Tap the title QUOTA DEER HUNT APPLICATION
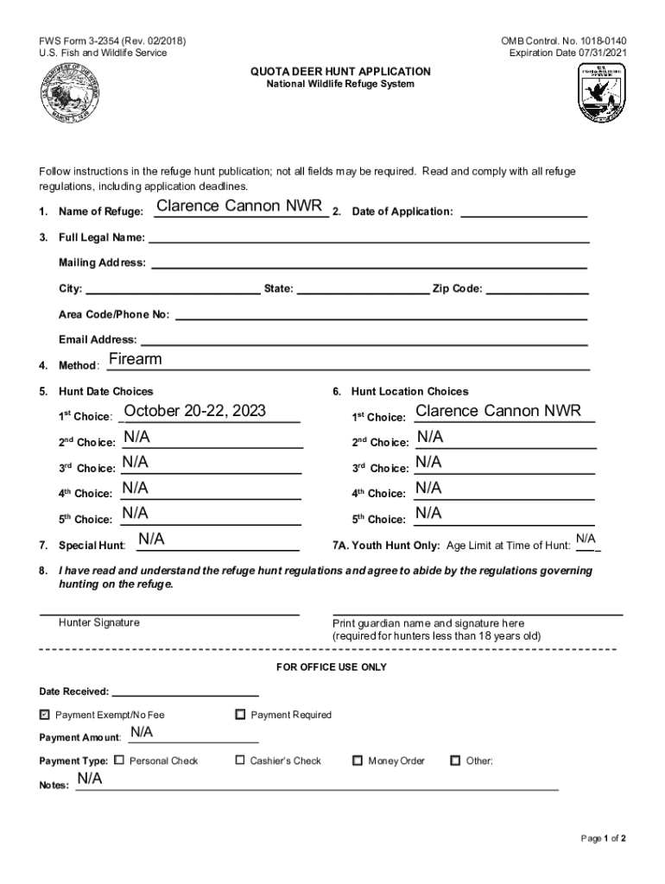point(339,71)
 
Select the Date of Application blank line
point(523,210)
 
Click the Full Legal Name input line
point(370,236)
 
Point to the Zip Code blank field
point(538,287)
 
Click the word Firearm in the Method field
point(136,359)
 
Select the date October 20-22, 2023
point(195,410)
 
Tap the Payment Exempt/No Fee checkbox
point(45,715)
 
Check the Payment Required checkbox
point(240,714)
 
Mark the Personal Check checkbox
point(119,761)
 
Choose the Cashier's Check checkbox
point(240,761)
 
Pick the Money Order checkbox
point(358,761)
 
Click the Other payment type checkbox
point(455,761)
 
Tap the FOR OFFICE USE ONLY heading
point(332,667)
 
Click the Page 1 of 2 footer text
point(603,838)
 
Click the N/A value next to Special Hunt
point(152,540)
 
